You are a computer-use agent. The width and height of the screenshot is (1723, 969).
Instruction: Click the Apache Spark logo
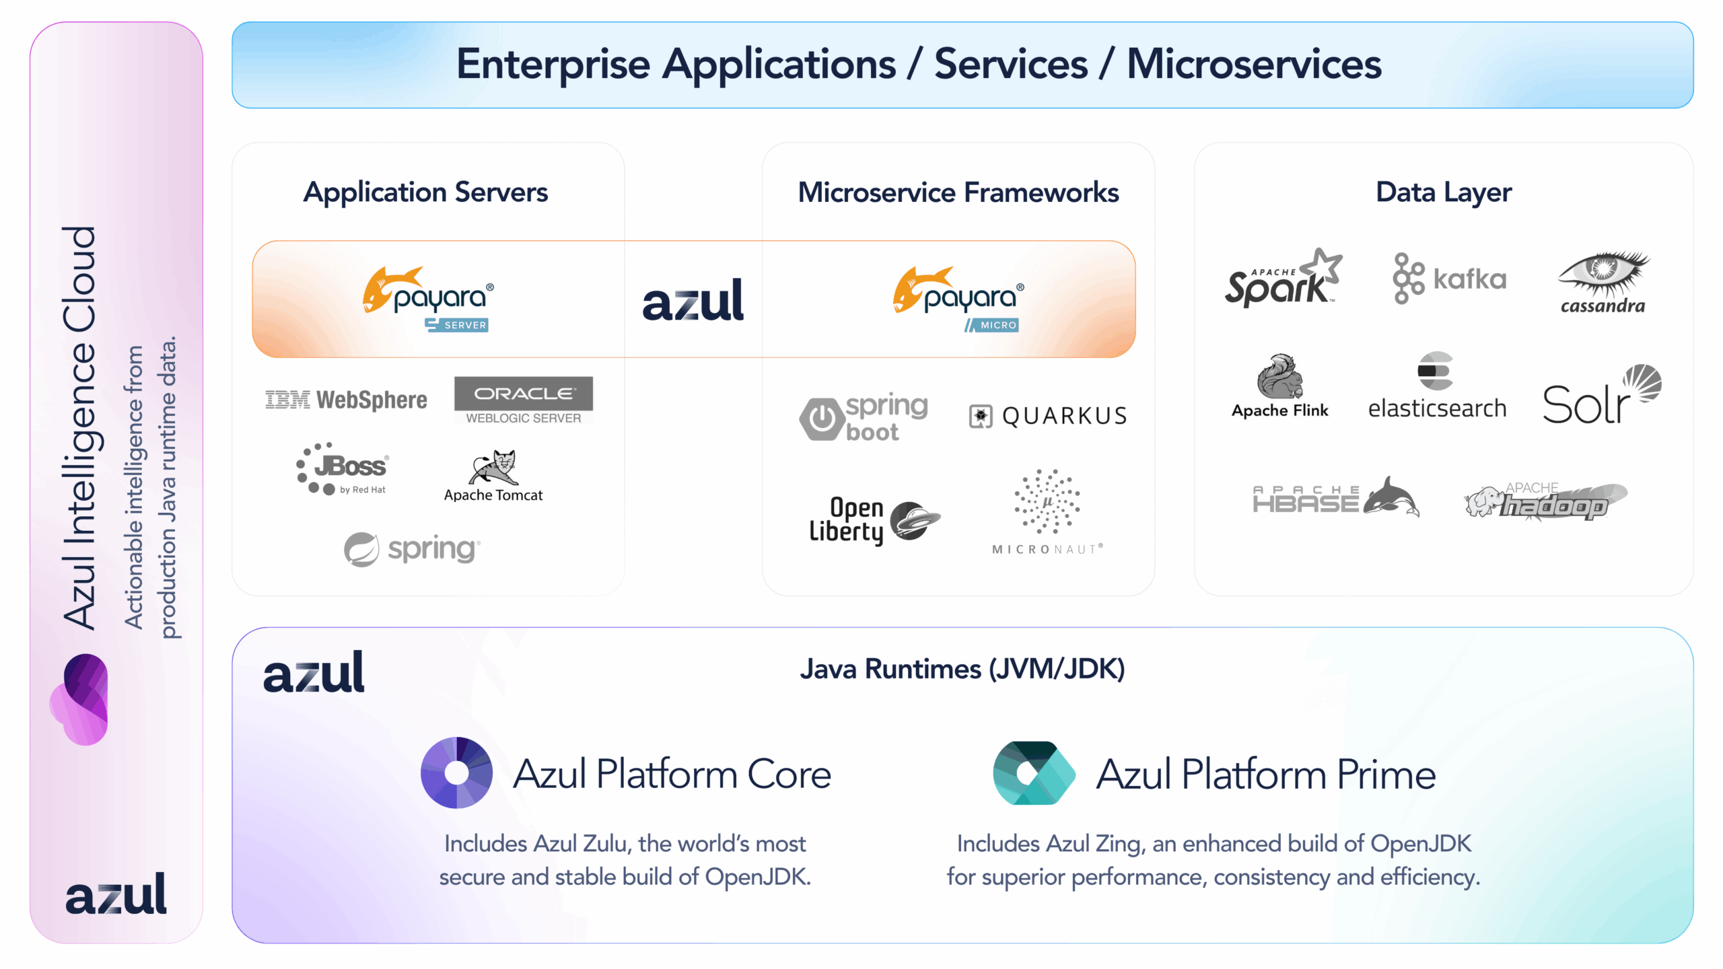click(1282, 279)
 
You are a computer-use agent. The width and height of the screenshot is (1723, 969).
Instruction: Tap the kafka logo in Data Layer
click(1449, 279)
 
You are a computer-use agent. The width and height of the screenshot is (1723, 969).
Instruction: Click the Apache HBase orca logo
click(1335, 499)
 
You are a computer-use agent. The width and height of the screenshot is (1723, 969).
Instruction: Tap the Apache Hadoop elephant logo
click(1545, 501)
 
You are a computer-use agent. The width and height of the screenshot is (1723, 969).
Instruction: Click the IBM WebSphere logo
click(346, 400)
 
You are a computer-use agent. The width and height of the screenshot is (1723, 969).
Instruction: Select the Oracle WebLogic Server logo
click(523, 400)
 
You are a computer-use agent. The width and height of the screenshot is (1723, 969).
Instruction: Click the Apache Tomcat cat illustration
click(493, 468)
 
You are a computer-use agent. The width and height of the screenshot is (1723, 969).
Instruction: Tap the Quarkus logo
click(1047, 416)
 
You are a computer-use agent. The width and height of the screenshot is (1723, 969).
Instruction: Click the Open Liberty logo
click(874, 520)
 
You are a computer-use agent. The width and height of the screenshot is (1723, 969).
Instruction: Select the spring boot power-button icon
click(822, 419)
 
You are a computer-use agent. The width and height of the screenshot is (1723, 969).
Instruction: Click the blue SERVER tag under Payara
click(457, 325)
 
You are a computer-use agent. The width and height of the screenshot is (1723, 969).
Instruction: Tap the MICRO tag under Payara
click(992, 325)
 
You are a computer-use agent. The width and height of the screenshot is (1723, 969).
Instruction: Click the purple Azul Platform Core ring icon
click(456, 773)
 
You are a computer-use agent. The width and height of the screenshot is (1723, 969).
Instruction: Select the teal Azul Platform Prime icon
click(1033, 773)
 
